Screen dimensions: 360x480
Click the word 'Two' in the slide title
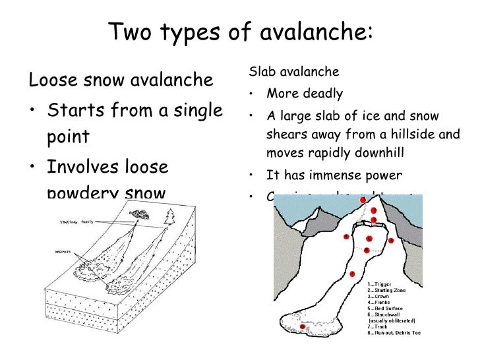tap(131, 31)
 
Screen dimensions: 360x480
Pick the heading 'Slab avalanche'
tap(293, 71)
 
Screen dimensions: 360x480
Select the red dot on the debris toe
tap(303, 326)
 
